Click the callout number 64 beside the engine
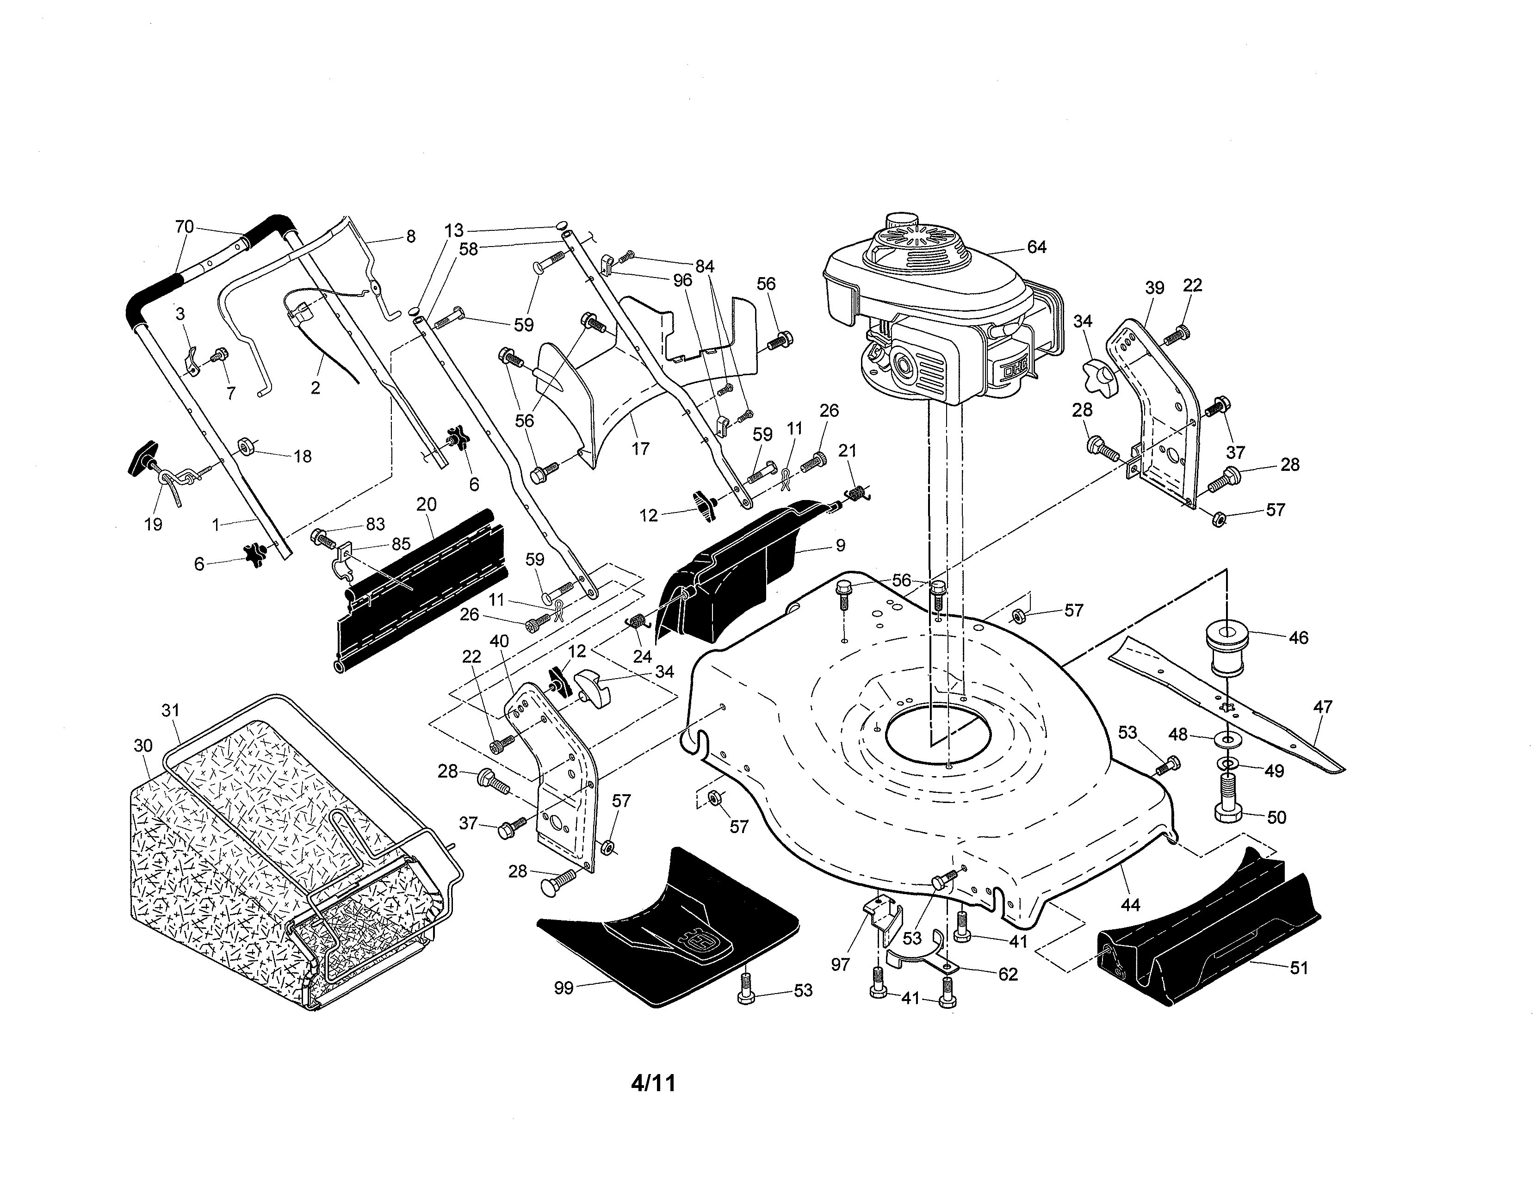(1037, 247)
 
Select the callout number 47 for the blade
(1322, 707)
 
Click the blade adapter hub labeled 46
(1226, 645)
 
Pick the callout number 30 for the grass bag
(143, 746)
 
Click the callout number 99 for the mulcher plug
(564, 988)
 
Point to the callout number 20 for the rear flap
(426, 504)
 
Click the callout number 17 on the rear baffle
(640, 448)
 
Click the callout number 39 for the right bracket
(1154, 288)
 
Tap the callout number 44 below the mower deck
(1129, 904)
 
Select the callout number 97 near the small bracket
(841, 964)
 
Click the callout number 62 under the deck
(1008, 974)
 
